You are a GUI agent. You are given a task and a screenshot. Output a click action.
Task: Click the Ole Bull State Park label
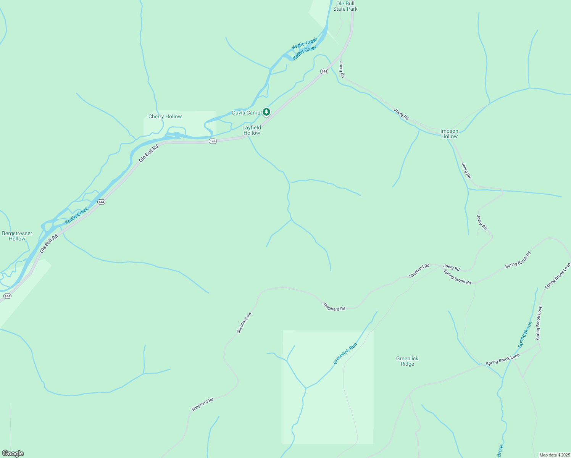(345, 6)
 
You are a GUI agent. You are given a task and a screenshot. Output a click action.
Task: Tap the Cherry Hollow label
(165, 116)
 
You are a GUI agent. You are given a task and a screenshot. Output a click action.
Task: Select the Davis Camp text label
(246, 113)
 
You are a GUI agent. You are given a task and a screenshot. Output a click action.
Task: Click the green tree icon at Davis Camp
(266, 112)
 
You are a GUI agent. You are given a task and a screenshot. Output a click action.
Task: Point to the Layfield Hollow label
(252, 130)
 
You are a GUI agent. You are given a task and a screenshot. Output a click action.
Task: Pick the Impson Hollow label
(449, 134)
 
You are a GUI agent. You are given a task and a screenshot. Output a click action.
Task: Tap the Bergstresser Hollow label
(17, 236)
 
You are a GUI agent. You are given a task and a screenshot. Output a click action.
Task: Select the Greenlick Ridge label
(407, 361)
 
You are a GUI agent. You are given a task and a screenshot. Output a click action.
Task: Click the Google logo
(13, 453)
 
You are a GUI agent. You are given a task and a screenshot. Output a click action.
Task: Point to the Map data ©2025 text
(554, 455)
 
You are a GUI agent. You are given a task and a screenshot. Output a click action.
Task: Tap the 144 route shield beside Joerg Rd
(324, 71)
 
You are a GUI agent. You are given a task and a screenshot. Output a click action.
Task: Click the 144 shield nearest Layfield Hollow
(213, 141)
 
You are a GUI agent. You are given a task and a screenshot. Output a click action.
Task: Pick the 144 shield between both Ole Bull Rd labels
(101, 202)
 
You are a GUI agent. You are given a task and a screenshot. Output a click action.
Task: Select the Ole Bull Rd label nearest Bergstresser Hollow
(48, 243)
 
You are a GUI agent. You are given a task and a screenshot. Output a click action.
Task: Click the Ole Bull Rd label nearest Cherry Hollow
(148, 153)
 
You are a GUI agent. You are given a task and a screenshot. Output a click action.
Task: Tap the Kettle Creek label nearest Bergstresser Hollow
(76, 216)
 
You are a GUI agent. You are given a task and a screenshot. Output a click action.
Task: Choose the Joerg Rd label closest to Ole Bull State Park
(342, 69)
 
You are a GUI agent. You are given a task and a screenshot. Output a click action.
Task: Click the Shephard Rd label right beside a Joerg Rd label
(419, 271)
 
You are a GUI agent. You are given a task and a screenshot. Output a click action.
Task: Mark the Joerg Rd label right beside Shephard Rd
(451, 267)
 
